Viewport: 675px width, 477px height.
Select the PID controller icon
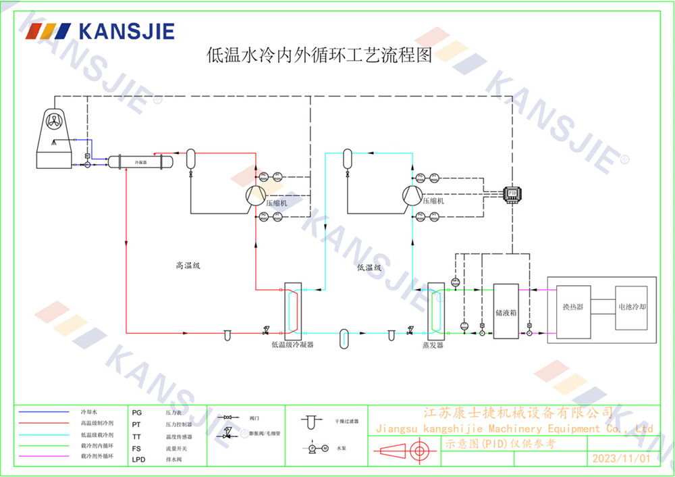[x=512, y=193]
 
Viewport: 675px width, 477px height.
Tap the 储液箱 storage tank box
[x=506, y=312]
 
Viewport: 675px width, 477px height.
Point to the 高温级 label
[x=188, y=266]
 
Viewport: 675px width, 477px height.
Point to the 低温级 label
[x=369, y=268]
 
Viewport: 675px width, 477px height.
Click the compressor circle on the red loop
[x=255, y=195]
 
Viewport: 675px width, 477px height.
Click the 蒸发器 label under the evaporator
[x=433, y=345]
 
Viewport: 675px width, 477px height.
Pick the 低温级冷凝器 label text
[x=292, y=345]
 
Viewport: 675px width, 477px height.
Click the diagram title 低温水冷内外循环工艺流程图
[x=319, y=55]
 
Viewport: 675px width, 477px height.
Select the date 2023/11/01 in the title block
[x=621, y=458]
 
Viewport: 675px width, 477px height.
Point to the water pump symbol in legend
[x=315, y=447]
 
